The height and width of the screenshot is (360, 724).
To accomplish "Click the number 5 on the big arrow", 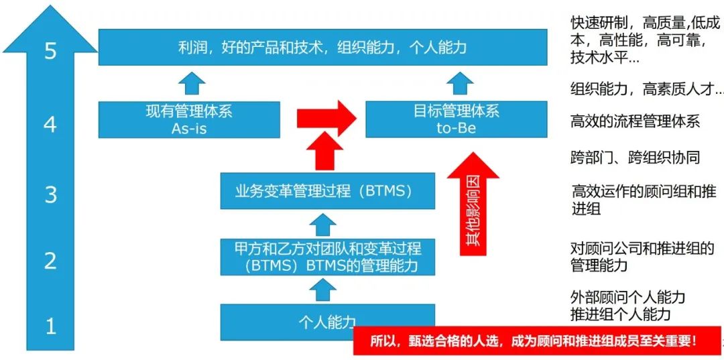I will click(x=50, y=51).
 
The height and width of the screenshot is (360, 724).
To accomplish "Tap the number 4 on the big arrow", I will click(x=50, y=124).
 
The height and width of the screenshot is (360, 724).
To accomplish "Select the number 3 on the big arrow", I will click(x=50, y=194).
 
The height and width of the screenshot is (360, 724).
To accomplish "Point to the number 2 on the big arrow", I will click(x=50, y=261).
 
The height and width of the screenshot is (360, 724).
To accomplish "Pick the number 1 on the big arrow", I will click(x=50, y=326).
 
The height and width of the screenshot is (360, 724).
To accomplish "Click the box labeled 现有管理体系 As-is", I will click(x=189, y=119).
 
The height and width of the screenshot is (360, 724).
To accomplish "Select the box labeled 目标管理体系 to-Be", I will click(x=456, y=119).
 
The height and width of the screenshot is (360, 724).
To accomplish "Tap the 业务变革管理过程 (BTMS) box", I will click(x=327, y=191).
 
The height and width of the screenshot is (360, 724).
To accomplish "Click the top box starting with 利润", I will click(x=322, y=47).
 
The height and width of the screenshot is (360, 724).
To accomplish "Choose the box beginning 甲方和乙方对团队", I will click(x=327, y=257).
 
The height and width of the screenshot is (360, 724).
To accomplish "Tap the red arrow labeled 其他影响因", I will click(x=473, y=204).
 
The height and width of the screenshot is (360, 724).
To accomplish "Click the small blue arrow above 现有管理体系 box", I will click(x=192, y=83).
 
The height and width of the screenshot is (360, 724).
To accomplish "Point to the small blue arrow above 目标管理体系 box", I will click(x=460, y=83).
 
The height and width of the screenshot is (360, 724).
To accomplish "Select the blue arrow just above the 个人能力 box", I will click(x=326, y=290).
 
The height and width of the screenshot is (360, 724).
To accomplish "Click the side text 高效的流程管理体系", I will click(x=635, y=121).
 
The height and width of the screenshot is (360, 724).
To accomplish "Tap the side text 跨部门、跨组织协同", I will click(x=635, y=158).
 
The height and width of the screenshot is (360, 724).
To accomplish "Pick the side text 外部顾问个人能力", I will click(x=627, y=297).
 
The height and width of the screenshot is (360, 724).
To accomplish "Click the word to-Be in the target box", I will click(x=456, y=128).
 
